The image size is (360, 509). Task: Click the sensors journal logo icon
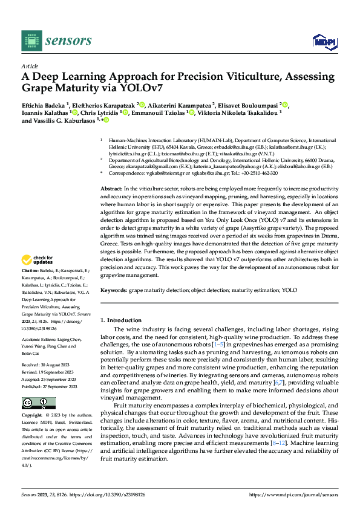click(x=31, y=41)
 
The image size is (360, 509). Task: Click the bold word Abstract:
click(x=111, y=172)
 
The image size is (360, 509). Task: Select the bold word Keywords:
click(x=113, y=290)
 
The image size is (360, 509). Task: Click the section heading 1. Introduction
click(x=120, y=320)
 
